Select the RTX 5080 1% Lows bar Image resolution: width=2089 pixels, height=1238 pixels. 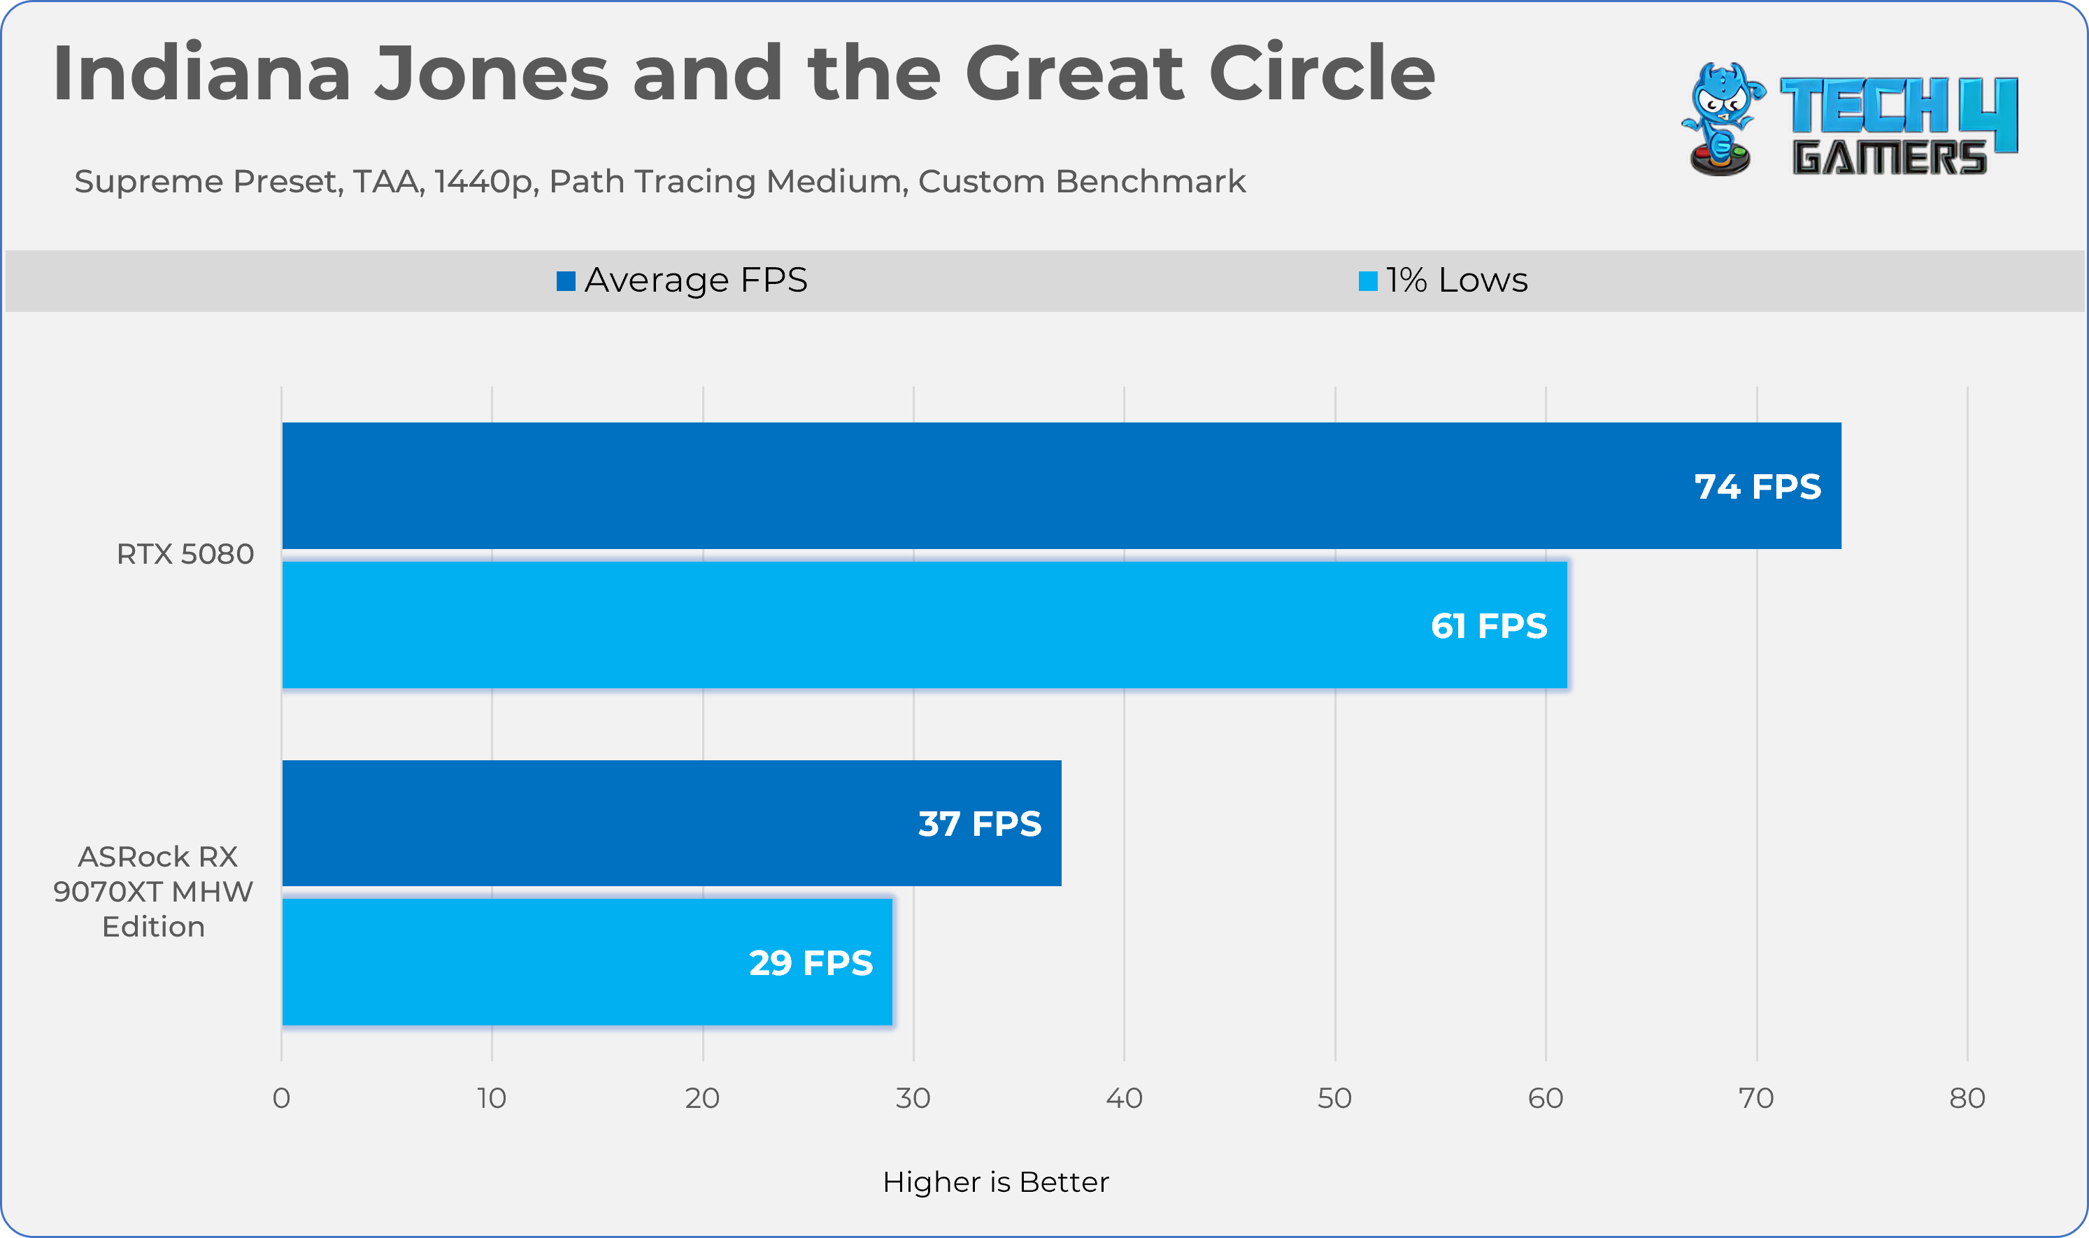click(x=924, y=625)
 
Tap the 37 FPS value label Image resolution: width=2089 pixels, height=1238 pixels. click(x=979, y=823)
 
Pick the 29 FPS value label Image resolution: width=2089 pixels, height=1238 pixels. click(x=811, y=962)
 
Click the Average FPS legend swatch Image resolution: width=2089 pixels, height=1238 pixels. click(x=566, y=281)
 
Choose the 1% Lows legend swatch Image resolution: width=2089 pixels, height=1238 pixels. click(x=1368, y=281)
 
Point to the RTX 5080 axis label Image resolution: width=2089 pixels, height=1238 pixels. click(x=185, y=554)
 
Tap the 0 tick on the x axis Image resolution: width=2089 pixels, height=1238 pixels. click(x=281, y=1098)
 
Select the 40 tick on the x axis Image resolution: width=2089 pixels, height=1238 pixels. click(x=1124, y=1098)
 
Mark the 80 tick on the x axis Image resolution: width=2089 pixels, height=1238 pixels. click(x=1967, y=1098)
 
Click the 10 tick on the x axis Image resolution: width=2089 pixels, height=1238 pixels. click(x=492, y=1098)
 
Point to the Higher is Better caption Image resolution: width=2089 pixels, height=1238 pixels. click(x=996, y=1182)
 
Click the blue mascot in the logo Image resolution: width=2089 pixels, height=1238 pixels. click(x=1721, y=118)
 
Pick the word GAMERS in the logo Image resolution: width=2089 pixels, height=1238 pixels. click(x=1889, y=159)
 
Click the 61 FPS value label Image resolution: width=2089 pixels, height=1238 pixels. click(x=1488, y=626)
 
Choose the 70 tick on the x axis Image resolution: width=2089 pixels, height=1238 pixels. click(x=1756, y=1098)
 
